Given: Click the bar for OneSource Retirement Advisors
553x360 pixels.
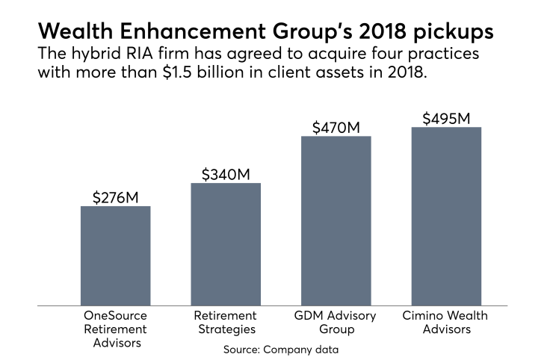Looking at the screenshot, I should click(115, 255).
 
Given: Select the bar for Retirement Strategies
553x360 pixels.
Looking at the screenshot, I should click(226, 244).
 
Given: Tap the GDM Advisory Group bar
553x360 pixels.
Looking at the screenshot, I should click(336, 220).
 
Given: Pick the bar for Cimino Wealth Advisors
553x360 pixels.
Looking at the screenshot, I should click(445, 216).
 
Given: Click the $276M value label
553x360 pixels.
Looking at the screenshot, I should click(116, 198).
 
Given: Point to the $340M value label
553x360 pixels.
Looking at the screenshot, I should click(226, 175).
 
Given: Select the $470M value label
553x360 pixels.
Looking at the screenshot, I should click(336, 128).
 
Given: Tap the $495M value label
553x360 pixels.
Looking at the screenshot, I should click(446, 119).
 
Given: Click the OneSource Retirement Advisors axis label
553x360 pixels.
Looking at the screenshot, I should click(115, 329).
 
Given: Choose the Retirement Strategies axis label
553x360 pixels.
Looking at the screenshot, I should click(226, 323).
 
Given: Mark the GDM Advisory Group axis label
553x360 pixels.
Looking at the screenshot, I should click(336, 323).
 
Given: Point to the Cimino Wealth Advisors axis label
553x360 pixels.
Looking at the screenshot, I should click(446, 323).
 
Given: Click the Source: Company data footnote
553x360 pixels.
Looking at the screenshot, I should click(276, 349).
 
